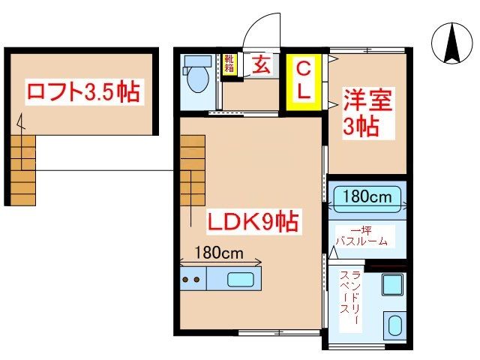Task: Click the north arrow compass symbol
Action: (x=451, y=43)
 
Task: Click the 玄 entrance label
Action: (x=261, y=65)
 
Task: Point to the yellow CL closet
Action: (x=304, y=82)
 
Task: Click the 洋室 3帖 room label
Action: (x=367, y=113)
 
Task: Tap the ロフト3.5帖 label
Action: (x=83, y=91)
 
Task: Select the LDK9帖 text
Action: (x=253, y=221)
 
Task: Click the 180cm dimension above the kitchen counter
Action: (x=219, y=253)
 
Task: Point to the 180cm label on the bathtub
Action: (x=367, y=196)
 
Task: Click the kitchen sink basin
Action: (x=240, y=280)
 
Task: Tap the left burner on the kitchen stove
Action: (x=185, y=280)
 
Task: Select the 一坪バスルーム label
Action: (x=361, y=236)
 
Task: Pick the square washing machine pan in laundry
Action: (x=392, y=285)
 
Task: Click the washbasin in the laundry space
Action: (x=395, y=325)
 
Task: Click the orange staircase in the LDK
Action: (x=192, y=170)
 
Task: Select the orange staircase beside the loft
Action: (x=23, y=170)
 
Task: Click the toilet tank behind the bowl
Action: (x=197, y=61)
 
